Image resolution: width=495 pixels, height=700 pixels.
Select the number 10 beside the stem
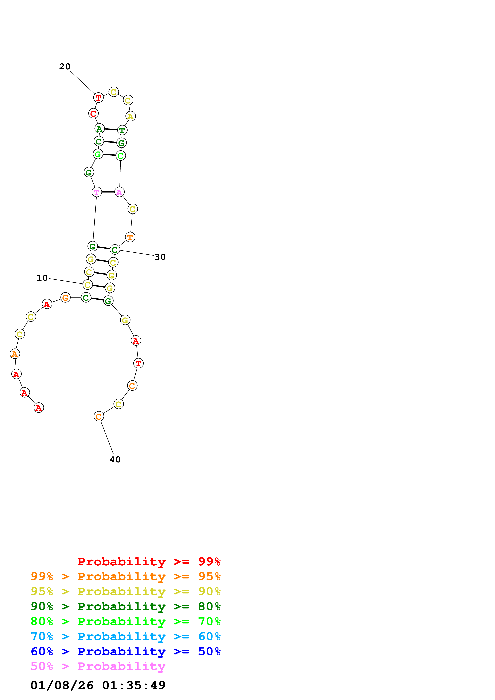(42, 278)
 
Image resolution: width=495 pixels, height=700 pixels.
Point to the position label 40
(115, 460)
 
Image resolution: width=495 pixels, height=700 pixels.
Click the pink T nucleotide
(97, 192)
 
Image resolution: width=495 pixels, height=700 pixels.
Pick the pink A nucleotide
(119, 192)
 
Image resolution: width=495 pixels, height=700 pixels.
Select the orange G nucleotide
(65, 298)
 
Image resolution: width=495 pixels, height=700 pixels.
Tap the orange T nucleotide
(130, 237)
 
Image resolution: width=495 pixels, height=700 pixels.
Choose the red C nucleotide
(93, 113)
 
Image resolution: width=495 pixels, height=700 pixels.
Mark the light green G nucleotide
(98, 154)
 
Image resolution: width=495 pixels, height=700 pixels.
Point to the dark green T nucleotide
(122, 130)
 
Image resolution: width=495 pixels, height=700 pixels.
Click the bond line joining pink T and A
(108, 192)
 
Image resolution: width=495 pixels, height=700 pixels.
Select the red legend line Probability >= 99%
(149, 562)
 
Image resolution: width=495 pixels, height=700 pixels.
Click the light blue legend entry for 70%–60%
(125, 637)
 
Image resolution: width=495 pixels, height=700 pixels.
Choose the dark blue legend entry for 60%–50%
(125, 652)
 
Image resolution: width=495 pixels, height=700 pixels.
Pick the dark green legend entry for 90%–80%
(125, 607)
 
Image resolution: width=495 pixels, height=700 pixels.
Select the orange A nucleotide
(15, 354)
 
